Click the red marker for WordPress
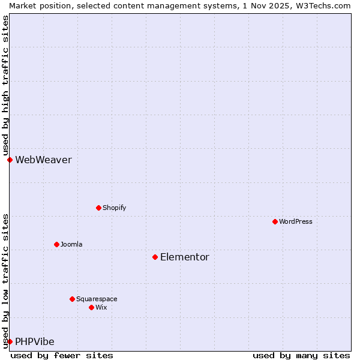click(275, 221)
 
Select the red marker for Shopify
click(98, 208)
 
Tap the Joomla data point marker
click(56, 244)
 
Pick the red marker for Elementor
click(155, 257)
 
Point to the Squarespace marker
click(72, 299)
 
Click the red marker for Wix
click(91, 307)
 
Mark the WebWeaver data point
click(10, 160)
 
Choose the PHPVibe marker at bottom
click(10, 341)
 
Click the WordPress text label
click(296, 221)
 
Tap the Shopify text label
click(114, 208)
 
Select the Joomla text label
click(71, 244)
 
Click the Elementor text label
click(185, 257)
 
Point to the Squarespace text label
click(97, 299)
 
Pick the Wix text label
click(101, 307)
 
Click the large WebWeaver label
click(43, 160)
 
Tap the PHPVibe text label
click(35, 341)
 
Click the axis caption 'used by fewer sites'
click(62, 355)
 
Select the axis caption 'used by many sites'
click(301, 355)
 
